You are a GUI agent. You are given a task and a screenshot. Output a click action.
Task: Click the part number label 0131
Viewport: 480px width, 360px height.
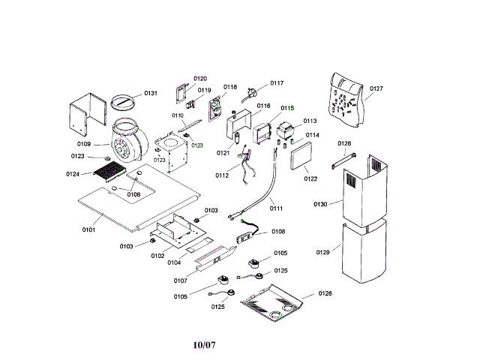151,94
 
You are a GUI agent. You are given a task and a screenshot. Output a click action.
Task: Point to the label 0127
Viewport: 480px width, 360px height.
376,88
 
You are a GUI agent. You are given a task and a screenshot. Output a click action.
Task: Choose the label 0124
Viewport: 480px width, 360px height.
73,174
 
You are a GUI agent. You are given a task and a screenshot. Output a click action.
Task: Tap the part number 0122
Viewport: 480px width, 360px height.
311,178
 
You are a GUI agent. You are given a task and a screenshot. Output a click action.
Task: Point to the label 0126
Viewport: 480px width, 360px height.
325,293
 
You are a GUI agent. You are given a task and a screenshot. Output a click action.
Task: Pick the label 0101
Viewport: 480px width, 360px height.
88,229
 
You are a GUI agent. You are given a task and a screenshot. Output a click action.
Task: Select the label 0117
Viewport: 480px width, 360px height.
277,83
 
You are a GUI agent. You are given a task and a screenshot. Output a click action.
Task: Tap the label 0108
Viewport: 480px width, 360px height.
277,232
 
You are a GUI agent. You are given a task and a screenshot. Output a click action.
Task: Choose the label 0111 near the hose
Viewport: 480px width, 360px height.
277,208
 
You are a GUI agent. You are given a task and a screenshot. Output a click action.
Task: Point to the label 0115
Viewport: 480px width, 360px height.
287,109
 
